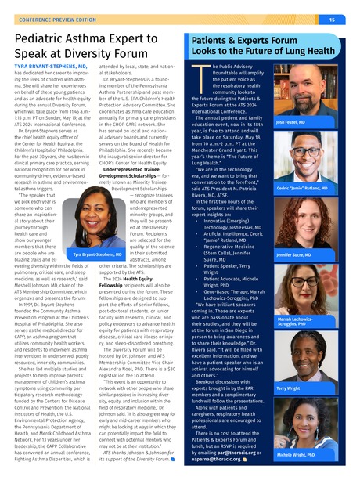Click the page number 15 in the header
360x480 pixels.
332,19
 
